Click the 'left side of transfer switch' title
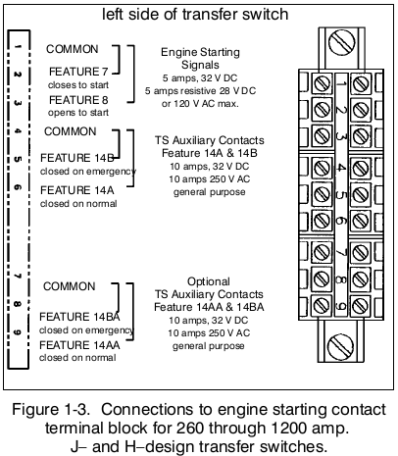tap(195, 15)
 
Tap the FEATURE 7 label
tap(78, 72)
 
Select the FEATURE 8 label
tap(78, 100)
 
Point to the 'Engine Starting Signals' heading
tap(200, 58)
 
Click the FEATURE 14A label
tap(77, 190)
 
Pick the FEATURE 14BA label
tap(79, 317)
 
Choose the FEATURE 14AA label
tap(79, 345)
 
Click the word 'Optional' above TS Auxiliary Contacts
tap(209, 281)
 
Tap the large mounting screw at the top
tap(342, 42)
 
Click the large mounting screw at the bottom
tap(340, 347)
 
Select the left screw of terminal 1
tap(322, 83)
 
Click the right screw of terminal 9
tap(361, 305)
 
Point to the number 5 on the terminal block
tap(341, 194)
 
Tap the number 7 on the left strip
tap(18, 276)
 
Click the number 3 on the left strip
tap(18, 103)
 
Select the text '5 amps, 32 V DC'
tap(200, 78)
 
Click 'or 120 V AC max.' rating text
tap(200, 104)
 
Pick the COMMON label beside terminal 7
tap(70, 286)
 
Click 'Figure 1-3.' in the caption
tap(51, 410)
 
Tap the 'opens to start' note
tap(78, 113)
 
